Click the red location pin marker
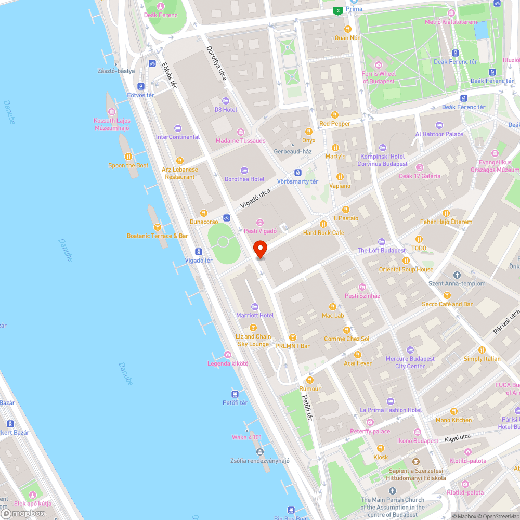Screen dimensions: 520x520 259,249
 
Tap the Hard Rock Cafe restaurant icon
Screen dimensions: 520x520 323,224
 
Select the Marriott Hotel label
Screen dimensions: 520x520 255,315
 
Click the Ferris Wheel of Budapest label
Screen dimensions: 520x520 379,77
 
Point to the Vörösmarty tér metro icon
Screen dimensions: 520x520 297,173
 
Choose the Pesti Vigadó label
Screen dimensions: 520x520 261,231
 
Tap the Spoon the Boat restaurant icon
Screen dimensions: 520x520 128,157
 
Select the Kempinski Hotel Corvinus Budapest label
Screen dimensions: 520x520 382,160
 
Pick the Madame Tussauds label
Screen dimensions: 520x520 241,141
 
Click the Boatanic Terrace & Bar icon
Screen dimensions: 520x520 157,227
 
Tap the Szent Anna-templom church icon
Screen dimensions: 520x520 457,275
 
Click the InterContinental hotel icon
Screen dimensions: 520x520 178,128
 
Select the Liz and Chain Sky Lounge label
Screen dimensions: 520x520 253,340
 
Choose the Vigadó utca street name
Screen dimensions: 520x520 255,199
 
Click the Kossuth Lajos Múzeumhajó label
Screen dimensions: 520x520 112,124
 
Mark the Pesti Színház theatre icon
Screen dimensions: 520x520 362,287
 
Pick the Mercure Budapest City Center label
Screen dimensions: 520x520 410,362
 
